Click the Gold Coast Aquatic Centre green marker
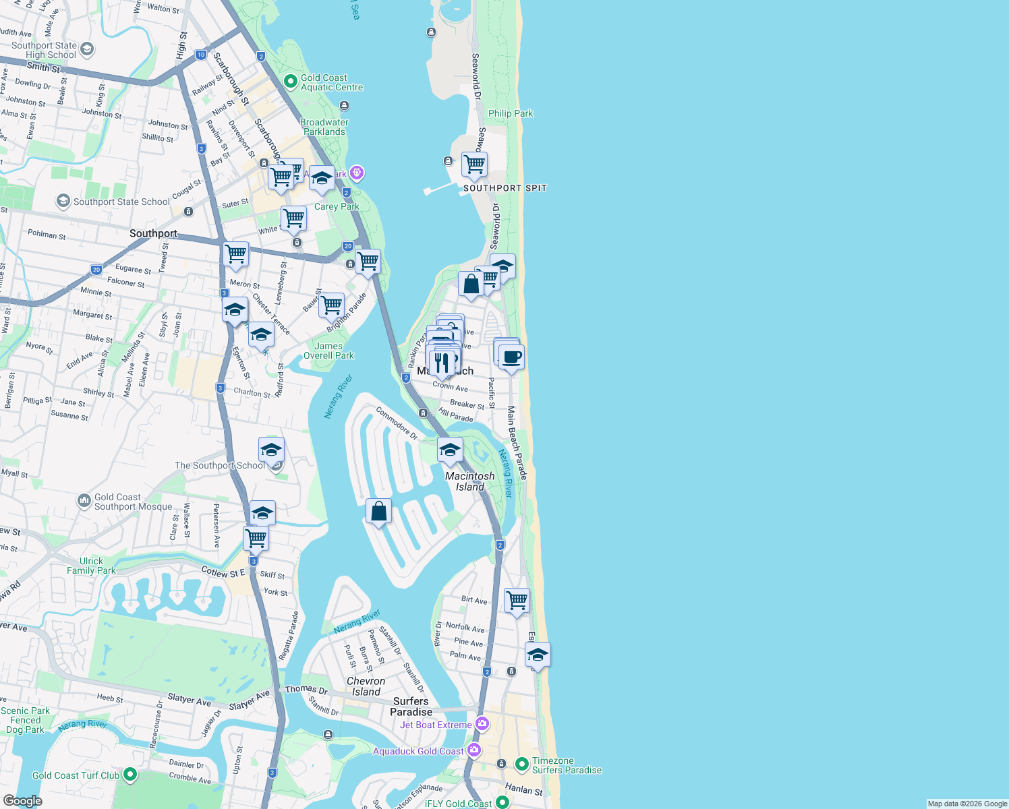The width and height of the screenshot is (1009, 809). [291, 82]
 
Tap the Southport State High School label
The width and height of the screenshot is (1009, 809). [45, 51]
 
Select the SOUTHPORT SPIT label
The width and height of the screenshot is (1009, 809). [504, 188]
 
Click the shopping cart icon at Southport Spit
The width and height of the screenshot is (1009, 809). [474, 164]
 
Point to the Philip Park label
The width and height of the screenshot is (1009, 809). [511, 113]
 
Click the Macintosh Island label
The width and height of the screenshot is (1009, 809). [470, 481]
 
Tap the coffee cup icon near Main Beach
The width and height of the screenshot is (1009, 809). [511, 357]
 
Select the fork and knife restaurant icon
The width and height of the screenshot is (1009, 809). [442, 363]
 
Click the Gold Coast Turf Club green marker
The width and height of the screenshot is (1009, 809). [130, 775]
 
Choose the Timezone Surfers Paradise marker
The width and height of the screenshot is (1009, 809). [521, 765]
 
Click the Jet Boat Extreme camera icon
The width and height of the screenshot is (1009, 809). [482, 724]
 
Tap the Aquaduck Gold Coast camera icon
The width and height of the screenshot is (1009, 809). [474, 750]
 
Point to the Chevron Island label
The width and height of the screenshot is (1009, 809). [366, 686]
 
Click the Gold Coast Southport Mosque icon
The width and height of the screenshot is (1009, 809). [84, 500]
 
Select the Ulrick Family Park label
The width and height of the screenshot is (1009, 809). [91, 566]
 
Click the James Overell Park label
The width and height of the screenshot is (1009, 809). [328, 351]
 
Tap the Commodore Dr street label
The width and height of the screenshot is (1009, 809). [397, 423]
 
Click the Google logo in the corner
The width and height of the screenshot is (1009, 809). [22, 800]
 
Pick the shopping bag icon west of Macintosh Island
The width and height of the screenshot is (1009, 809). [379, 512]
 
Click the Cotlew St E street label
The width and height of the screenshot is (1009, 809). [223, 572]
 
